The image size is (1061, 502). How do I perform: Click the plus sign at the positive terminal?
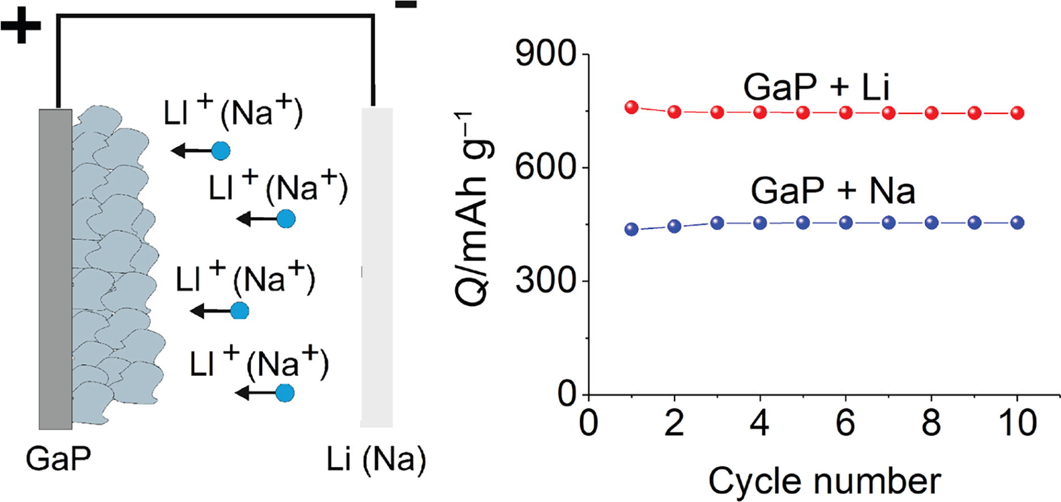[21, 25]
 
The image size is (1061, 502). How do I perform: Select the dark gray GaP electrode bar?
[55, 269]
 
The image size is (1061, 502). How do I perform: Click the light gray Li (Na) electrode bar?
[377, 266]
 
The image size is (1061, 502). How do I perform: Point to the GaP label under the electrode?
[58, 459]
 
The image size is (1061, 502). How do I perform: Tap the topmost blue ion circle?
[220, 151]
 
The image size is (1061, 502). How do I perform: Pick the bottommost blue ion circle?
[285, 393]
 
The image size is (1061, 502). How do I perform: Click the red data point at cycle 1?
[631, 108]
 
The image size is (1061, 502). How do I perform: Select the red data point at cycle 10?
[1017, 113]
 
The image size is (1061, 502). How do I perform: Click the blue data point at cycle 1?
[631, 229]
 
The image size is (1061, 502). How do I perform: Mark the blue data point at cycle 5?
[803, 223]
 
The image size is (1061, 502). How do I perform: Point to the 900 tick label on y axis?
[545, 55]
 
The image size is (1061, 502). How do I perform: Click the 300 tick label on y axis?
[545, 281]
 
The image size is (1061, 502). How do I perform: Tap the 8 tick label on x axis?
[931, 423]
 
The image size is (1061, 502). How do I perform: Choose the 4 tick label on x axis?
[760, 423]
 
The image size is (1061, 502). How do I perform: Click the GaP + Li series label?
[816, 87]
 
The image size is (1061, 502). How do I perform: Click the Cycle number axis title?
[824, 482]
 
